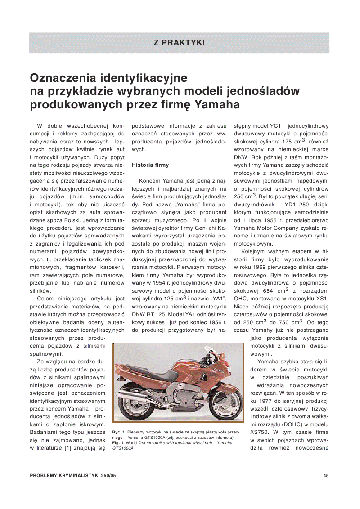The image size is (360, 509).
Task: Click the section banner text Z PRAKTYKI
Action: pyautogui.click(x=179, y=43)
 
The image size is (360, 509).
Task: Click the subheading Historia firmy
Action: pyautogui.click(x=150, y=165)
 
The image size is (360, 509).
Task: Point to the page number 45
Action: pyautogui.click(x=326, y=476)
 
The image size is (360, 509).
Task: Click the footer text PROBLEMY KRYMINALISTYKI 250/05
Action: pyautogui.click(x=73, y=476)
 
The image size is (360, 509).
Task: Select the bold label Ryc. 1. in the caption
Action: pyautogui.click(x=120, y=432)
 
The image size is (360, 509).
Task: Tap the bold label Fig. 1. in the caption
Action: pyautogui.click(x=119, y=442)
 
